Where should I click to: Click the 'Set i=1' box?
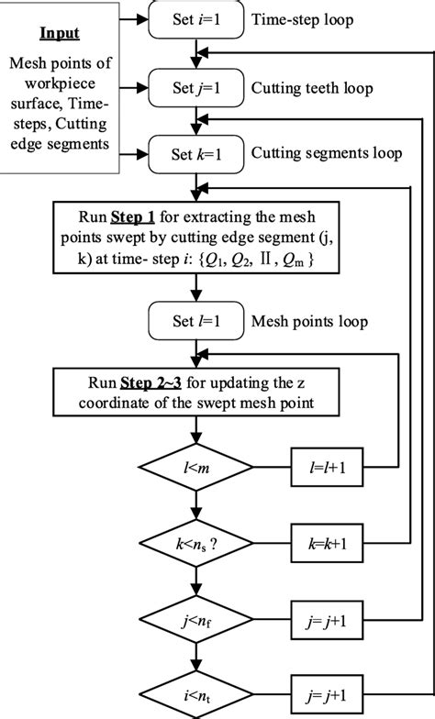point(194,17)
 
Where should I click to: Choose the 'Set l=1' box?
point(194,323)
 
